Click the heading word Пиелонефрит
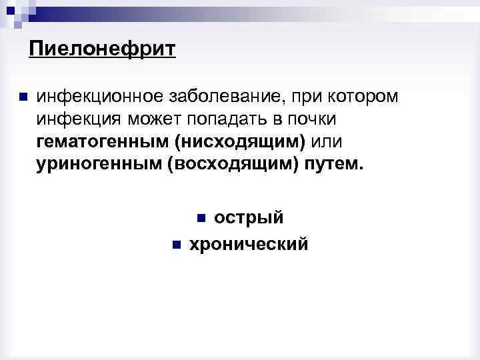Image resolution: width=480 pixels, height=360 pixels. pos(102,49)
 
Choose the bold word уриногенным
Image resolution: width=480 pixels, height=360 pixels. pos(99,165)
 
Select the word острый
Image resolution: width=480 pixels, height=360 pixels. pos(249,218)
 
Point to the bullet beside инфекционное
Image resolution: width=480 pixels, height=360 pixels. pos(23,97)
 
